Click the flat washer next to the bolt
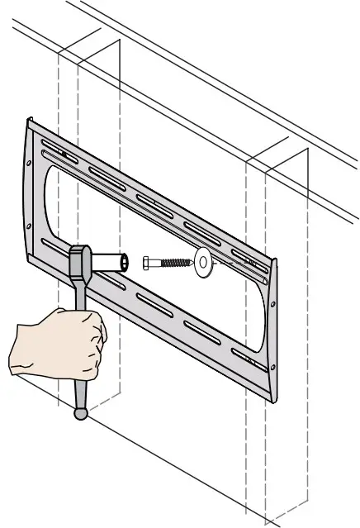point(201,264)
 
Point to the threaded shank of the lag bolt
point(173,263)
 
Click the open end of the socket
point(125,263)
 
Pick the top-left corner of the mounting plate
point(29,121)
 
